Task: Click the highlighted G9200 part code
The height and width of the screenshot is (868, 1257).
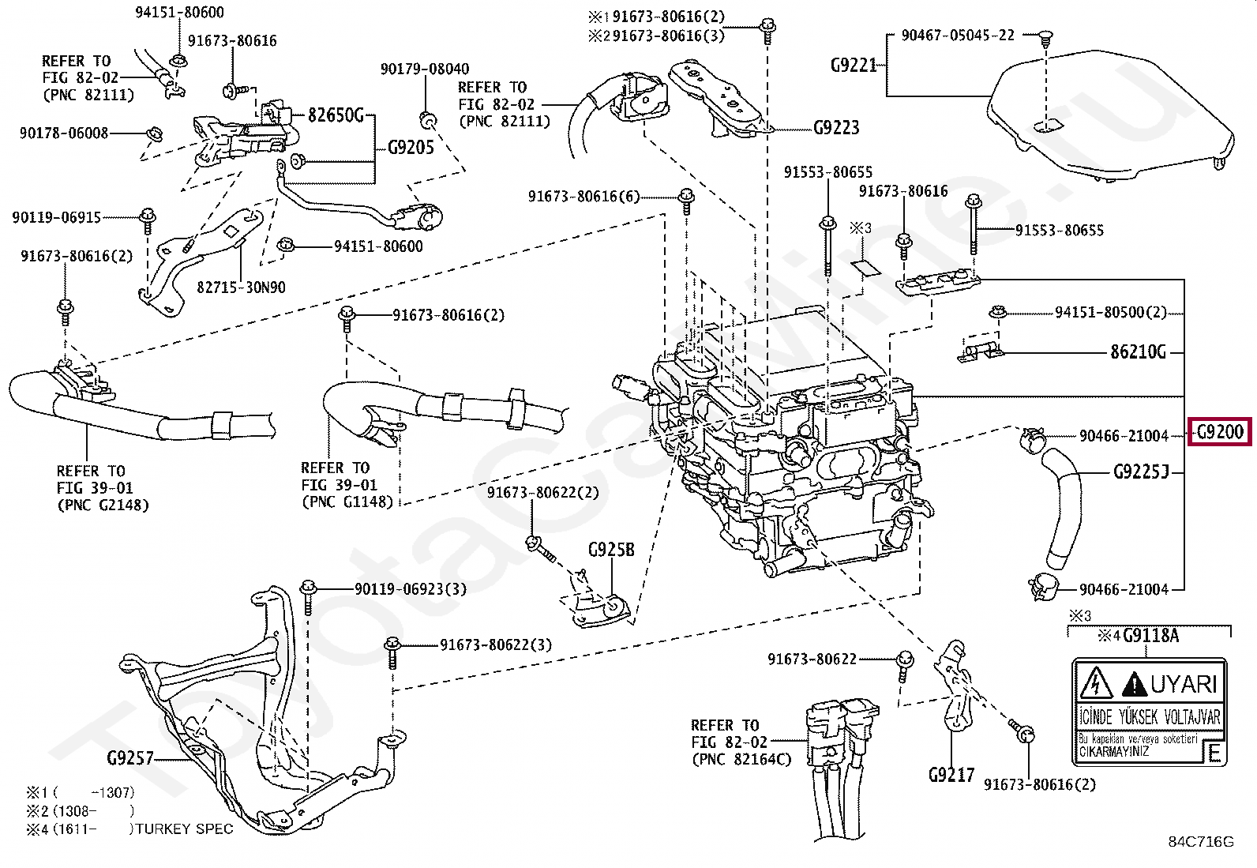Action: click(1220, 432)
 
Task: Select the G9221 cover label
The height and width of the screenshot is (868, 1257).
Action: click(854, 65)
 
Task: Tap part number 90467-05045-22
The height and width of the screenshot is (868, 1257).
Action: click(957, 36)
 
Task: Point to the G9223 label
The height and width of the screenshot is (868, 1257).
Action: click(836, 127)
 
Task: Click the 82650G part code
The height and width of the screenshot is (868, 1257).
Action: click(336, 116)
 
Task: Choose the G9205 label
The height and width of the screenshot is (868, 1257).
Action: click(411, 147)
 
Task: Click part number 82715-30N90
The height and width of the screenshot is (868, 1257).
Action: click(241, 287)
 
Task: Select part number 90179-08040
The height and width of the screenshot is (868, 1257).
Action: click(424, 69)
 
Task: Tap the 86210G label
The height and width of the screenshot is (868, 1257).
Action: click(1138, 352)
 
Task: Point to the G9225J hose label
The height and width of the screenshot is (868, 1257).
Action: click(1140, 473)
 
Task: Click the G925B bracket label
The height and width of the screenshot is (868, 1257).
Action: click(610, 550)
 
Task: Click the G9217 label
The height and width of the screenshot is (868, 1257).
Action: click(951, 775)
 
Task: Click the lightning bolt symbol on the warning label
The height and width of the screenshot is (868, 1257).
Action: click(1095, 683)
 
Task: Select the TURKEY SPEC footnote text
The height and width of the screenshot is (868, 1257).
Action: click(185, 829)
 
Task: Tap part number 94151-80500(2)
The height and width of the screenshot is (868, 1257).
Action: click(1110, 312)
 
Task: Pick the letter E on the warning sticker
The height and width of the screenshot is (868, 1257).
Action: click(1214, 753)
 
